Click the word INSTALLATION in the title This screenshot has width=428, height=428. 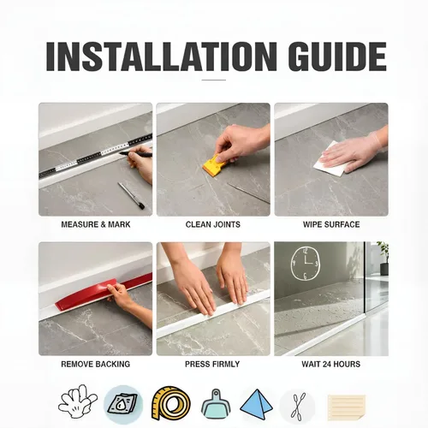(x=162, y=56)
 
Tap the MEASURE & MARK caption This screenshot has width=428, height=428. (x=96, y=224)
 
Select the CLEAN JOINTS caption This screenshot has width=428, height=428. (x=213, y=224)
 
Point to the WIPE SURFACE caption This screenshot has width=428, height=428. (x=331, y=224)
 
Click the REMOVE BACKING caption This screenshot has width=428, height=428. (x=96, y=364)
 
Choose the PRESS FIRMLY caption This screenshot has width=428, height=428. (x=212, y=364)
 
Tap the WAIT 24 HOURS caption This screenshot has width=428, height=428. (x=331, y=364)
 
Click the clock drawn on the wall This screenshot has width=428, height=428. (x=306, y=264)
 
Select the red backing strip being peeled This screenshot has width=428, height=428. (x=103, y=293)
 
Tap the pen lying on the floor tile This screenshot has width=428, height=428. (x=132, y=196)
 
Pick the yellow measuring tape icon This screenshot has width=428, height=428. (x=171, y=403)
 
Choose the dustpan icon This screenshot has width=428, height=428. (x=216, y=403)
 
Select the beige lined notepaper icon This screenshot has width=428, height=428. (x=347, y=407)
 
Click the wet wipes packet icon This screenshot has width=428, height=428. (x=122, y=403)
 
